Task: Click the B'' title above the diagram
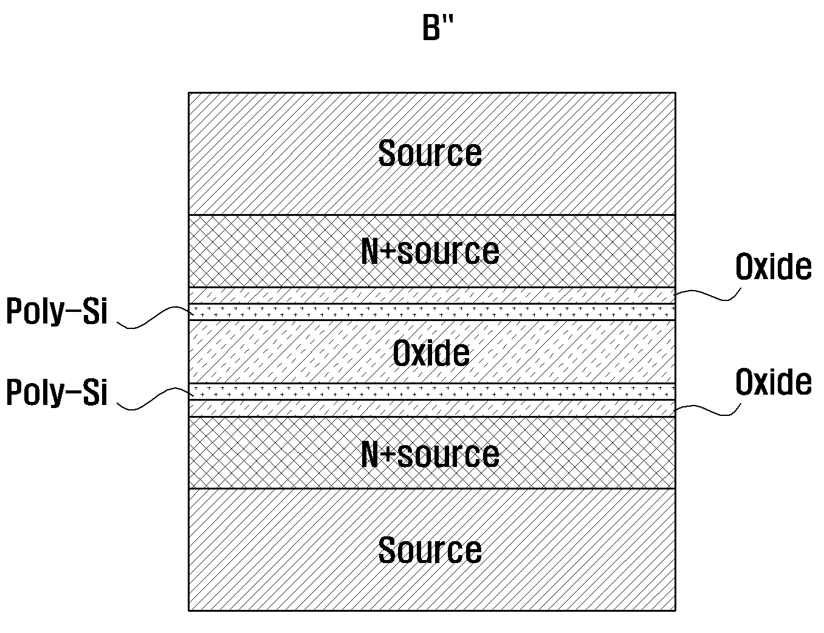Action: pos(438,28)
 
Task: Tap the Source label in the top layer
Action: pos(430,153)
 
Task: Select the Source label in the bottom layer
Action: pos(430,550)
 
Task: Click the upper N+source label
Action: pos(430,251)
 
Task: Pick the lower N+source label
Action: pos(430,454)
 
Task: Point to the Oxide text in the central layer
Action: pos(431,353)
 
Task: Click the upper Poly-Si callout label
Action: pos(57,311)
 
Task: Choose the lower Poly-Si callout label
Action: pos(57,392)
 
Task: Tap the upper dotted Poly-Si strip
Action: pos(432,312)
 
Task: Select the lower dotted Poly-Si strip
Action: pos(432,392)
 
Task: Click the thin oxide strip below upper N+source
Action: pos(432,296)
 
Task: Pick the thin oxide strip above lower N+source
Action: pos(432,409)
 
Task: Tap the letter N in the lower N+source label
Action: pos(370,454)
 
